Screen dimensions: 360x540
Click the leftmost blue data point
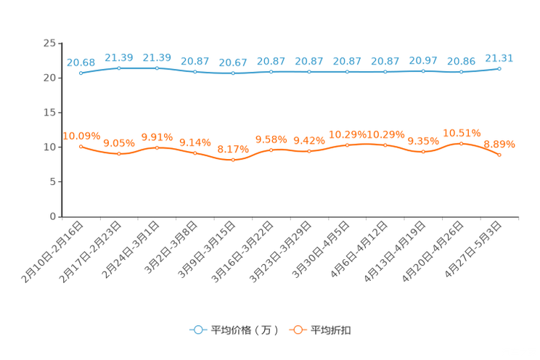point(81,73)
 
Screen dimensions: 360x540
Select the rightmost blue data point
point(499,68)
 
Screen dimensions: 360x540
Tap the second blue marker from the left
point(118,68)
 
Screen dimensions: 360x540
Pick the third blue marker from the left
point(157,68)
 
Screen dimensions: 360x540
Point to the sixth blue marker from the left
point(271,71)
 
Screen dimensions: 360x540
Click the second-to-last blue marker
point(461,72)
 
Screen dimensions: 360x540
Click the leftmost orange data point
point(81,146)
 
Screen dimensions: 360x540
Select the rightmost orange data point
point(499,155)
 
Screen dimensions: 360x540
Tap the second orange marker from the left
point(118,153)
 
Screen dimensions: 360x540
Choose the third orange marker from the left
point(157,147)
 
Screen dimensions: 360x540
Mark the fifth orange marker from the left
point(233,160)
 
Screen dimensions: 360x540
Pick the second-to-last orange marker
point(461,144)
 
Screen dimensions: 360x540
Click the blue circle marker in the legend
point(197,330)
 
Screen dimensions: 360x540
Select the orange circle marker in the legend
point(298,330)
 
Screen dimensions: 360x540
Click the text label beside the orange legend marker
point(332,330)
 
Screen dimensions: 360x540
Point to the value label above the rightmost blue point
point(499,57)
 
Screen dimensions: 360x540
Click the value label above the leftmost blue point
point(81,62)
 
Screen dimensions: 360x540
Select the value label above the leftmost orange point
point(81,135)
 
